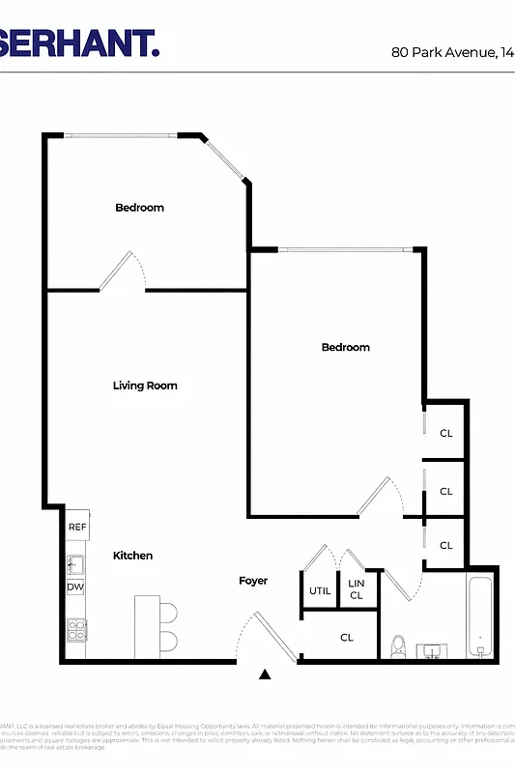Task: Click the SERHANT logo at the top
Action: tap(77, 43)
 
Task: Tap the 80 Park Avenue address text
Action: tap(452, 52)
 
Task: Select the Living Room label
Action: tap(145, 386)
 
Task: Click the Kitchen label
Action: tap(133, 556)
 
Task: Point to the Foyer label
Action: tap(253, 581)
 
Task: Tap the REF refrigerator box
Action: tap(77, 528)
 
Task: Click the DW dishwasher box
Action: tap(75, 587)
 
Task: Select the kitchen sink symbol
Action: tap(74, 562)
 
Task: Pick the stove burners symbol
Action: tap(76, 630)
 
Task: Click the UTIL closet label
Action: tap(320, 591)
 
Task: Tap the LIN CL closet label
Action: tap(357, 589)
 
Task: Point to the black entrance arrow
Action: tap(265, 674)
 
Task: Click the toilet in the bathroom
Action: tap(398, 644)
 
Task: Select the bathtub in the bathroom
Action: tap(480, 616)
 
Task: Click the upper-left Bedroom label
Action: tap(140, 208)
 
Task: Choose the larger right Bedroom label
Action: tap(346, 348)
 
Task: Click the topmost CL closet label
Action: tap(446, 434)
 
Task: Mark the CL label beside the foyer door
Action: tap(347, 638)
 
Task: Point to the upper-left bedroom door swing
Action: tap(124, 271)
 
